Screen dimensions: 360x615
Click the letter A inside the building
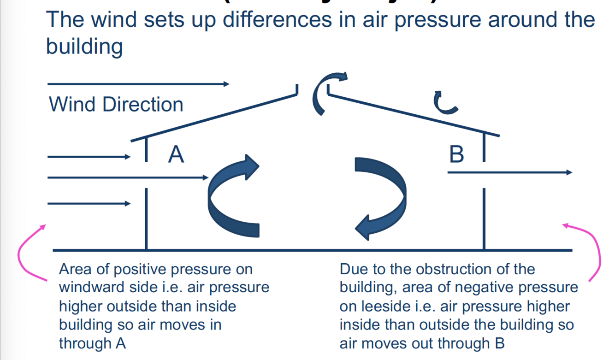click(x=176, y=154)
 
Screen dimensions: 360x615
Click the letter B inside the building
click(x=456, y=154)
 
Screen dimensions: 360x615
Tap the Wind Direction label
click(x=116, y=105)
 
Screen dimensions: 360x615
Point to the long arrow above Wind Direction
click(x=138, y=84)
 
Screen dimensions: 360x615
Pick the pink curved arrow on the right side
click(x=595, y=251)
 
